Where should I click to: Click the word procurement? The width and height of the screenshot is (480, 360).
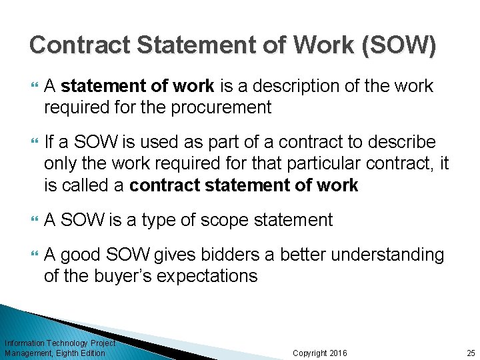pyautogui.click(x=220, y=107)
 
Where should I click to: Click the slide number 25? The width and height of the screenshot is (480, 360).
pyautogui.click(x=471, y=353)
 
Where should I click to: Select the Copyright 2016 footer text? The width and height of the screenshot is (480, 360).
pyautogui.click(x=320, y=353)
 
